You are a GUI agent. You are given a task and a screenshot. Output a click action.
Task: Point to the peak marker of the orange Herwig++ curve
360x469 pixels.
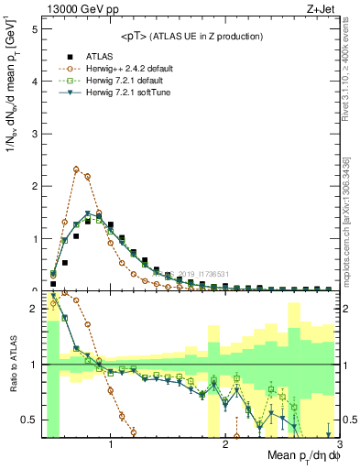(76, 169)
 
